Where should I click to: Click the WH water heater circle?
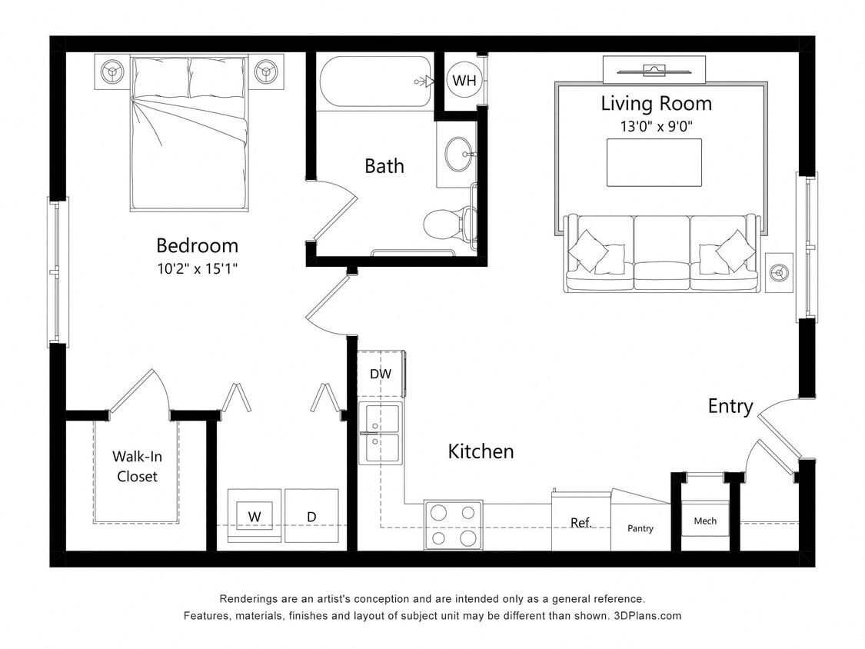464,81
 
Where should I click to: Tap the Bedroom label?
197,245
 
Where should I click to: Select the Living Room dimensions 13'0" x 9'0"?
656,126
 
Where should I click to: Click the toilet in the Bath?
444,223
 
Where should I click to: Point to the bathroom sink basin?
459,155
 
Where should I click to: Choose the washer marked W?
254,516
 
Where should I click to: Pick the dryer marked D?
311,516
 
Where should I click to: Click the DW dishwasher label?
381,374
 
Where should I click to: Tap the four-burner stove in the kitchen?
453,524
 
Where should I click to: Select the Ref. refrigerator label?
581,523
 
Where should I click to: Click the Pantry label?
640,528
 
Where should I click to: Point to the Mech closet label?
704,521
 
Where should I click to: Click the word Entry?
730,406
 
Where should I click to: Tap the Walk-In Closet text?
137,467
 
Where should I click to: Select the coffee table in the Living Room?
654,162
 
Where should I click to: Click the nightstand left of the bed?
113,72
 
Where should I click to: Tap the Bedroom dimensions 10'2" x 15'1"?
197,269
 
